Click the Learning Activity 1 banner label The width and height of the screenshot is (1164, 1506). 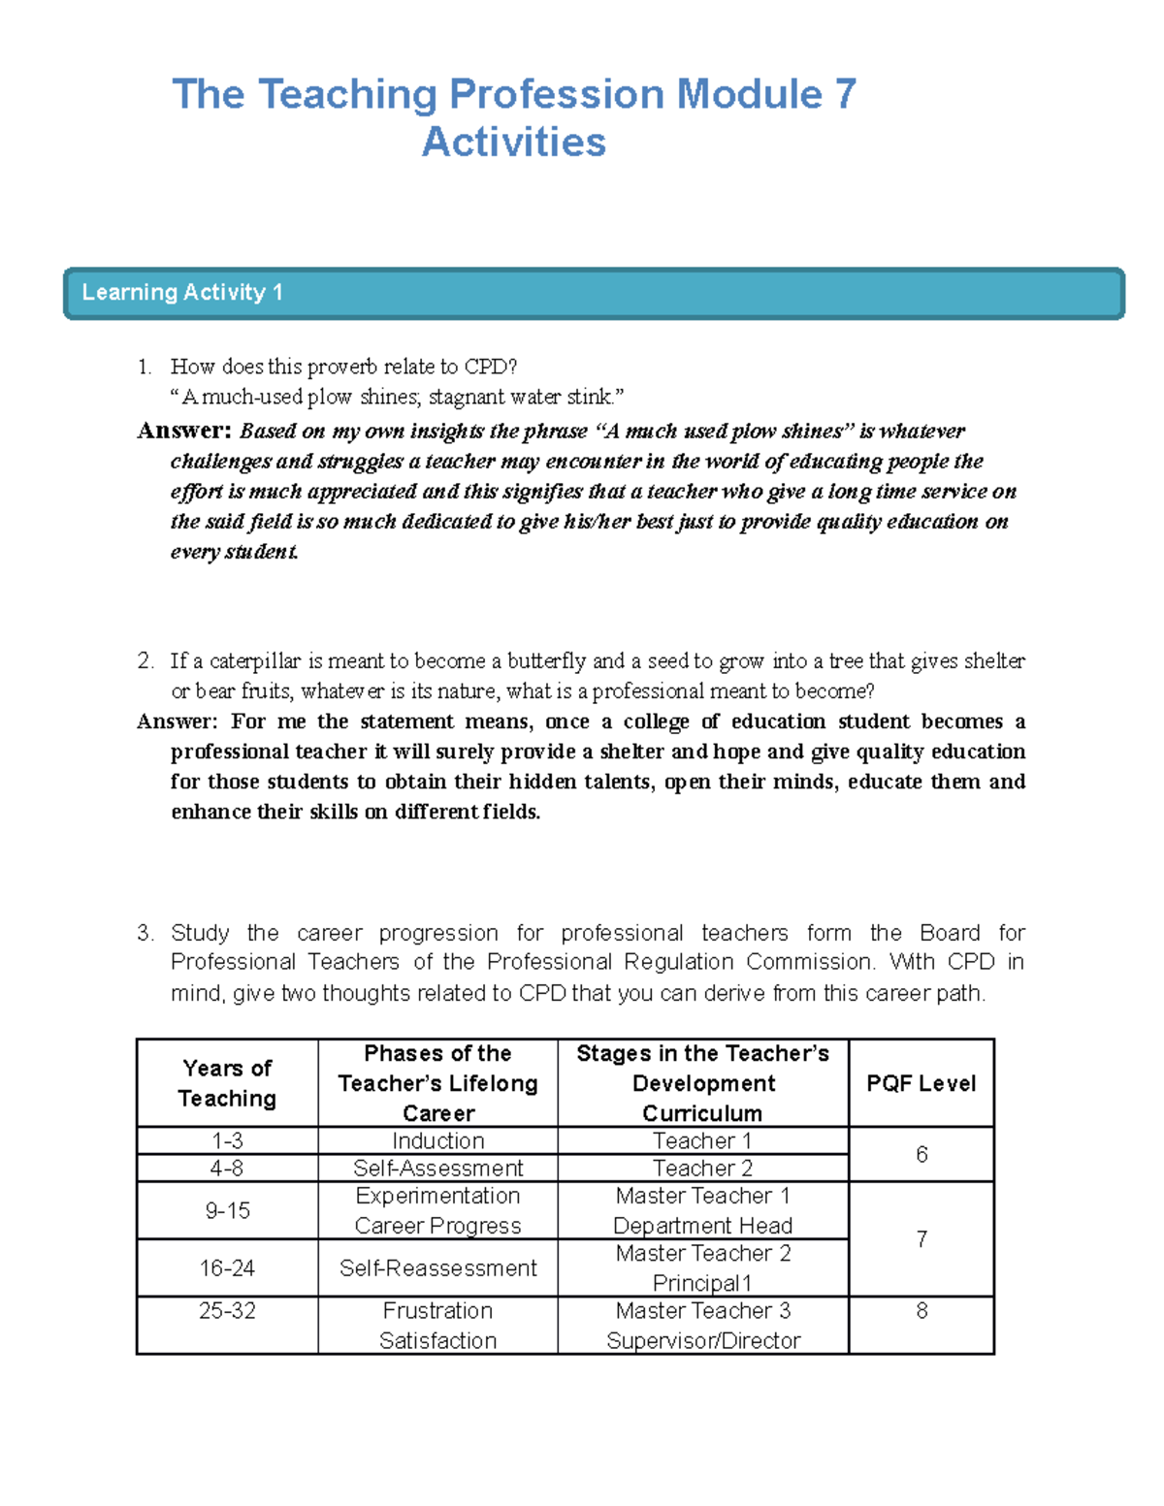coord(182,293)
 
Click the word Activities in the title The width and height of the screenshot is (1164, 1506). coord(514,143)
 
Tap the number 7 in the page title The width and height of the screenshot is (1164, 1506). coord(844,95)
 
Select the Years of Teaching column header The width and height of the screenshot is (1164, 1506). coord(227,1083)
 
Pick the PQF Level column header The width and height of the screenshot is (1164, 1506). coord(921,1083)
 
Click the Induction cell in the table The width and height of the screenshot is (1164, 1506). coord(437,1141)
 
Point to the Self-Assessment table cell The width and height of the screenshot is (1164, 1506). coord(437,1169)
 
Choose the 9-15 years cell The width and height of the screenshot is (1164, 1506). coord(227,1210)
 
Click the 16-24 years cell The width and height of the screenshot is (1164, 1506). coord(227,1268)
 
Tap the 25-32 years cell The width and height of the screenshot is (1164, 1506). coord(227,1311)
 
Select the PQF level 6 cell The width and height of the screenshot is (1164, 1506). coord(921,1154)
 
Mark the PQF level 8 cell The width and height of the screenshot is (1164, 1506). coord(921,1311)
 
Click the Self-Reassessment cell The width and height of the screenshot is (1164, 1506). coord(437,1268)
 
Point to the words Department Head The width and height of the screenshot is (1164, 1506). coord(702,1226)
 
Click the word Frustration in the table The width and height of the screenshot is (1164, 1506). coord(437,1311)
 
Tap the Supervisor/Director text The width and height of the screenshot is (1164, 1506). coord(702,1341)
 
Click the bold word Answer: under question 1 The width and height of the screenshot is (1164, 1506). coord(184,431)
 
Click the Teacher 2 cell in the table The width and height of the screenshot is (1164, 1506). coord(702,1169)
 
